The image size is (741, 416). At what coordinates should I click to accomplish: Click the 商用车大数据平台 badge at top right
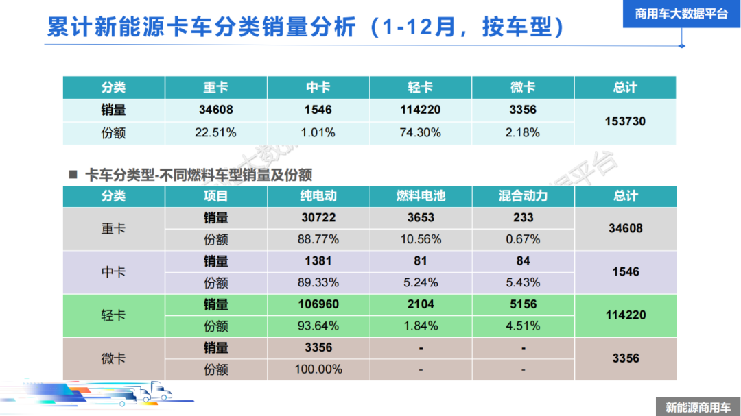point(681,14)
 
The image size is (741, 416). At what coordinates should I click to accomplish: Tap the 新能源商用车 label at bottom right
point(698,406)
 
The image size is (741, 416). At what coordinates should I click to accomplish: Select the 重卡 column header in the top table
point(215,88)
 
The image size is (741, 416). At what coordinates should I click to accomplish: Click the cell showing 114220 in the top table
point(421,110)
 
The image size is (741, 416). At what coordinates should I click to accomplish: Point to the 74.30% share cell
point(421,132)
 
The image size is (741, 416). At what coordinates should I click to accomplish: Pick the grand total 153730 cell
point(625,121)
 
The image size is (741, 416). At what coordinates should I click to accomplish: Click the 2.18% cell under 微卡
point(523,132)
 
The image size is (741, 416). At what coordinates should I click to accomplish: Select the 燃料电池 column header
point(421,196)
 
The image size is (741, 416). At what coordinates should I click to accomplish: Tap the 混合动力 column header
point(523,196)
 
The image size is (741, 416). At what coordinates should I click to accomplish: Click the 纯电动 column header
point(318,196)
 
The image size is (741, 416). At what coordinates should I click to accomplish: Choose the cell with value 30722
point(318,218)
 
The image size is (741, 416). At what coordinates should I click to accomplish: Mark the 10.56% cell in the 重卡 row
point(421,239)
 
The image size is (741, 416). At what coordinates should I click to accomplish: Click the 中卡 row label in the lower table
point(113,272)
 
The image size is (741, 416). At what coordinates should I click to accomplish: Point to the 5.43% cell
point(523,282)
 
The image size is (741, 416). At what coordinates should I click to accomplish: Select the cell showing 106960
point(318,304)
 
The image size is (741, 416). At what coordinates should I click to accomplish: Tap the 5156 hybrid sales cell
point(523,304)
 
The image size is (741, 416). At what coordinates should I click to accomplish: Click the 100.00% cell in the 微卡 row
point(318,369)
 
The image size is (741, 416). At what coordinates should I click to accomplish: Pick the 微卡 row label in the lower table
point(113,358)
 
